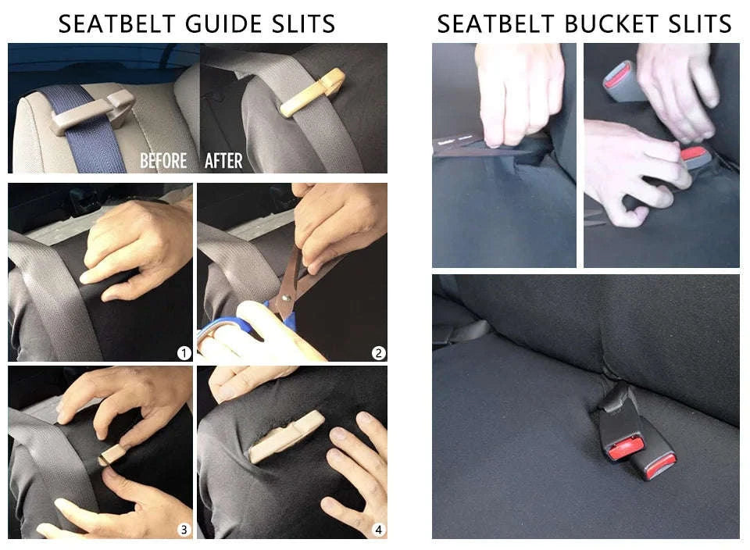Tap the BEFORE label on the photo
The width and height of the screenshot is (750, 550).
coord(163,161)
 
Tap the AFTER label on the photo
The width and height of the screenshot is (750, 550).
coord(223,161)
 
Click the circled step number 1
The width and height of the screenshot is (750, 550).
coord(184,353)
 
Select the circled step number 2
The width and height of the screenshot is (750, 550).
coord(378,353)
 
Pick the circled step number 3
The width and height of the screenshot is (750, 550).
coord(184,529)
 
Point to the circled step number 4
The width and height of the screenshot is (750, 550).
coord(378,529)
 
